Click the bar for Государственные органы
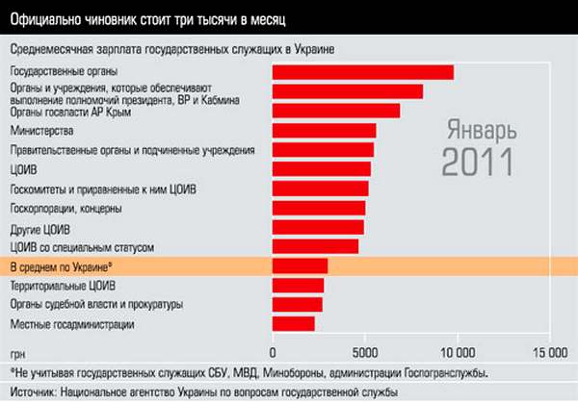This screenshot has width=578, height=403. pos(362,72)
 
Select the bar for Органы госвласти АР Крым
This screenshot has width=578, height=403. pos(336,111)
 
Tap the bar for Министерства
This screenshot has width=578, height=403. pos(324,131)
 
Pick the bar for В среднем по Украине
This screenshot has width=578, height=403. pos(300,265)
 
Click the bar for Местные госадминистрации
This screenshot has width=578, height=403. pos(294,324)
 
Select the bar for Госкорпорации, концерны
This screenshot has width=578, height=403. pos(319,208)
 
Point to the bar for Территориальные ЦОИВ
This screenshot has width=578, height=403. pos(298,286)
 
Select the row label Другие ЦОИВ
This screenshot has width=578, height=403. pos(39,228)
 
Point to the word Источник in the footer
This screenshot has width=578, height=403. pos(31,392)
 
